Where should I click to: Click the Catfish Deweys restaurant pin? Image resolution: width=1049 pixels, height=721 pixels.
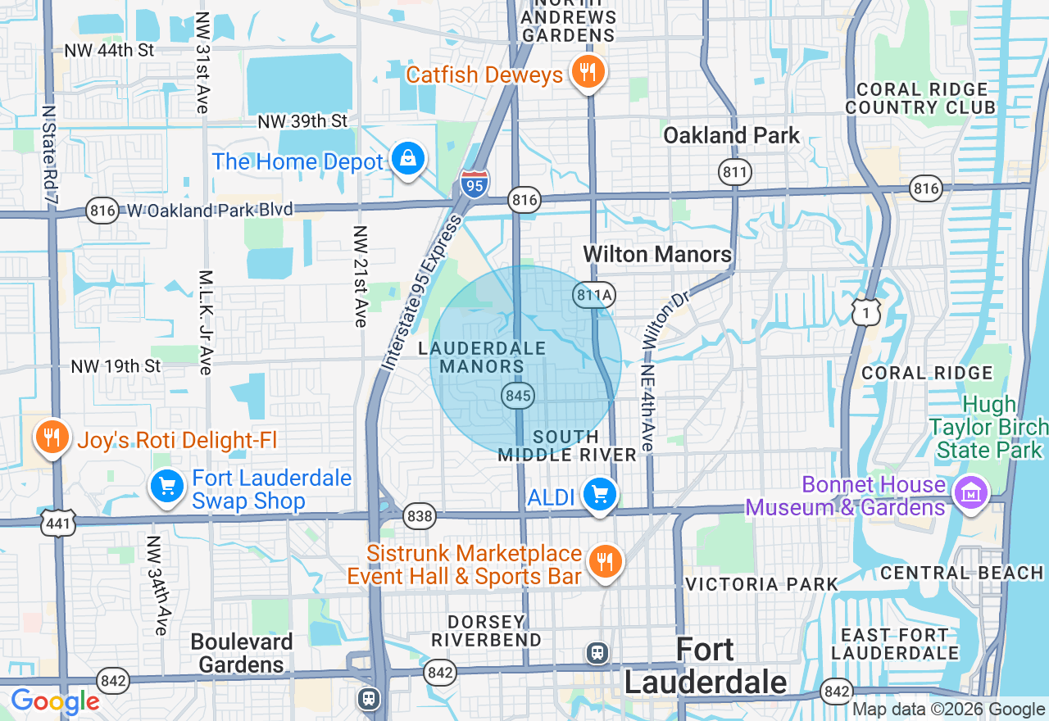pos(588,72)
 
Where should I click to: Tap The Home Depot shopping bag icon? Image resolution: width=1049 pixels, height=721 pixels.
pos(407,158)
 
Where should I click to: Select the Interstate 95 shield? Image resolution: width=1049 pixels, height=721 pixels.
pos(475,183)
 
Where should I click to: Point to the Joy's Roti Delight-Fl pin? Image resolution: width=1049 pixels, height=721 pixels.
pos(52,438)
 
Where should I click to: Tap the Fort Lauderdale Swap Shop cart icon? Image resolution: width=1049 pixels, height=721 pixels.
pos(167,487)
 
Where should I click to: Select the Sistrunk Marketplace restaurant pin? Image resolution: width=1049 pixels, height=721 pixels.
pos(606,562)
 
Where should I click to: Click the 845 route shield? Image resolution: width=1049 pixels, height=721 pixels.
pos(519,397)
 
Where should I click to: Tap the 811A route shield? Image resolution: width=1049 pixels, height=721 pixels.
pos(594,295)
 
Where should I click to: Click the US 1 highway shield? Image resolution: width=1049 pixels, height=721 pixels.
pos(865,311)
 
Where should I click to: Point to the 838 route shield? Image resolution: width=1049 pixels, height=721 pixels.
pos(419,515)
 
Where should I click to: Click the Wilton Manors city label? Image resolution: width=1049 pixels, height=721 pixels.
pos(657,254)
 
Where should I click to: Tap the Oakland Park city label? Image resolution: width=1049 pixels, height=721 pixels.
pos(731,135)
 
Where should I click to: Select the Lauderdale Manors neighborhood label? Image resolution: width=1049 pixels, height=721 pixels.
pos(482,357)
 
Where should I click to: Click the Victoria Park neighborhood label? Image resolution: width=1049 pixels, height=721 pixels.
pos(761,584)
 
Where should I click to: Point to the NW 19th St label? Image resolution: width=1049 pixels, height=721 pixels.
pos(116,366)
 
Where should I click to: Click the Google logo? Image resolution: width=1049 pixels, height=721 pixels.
pos(55,702)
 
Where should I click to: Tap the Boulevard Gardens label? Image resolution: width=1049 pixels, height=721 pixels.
pos(242,653)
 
